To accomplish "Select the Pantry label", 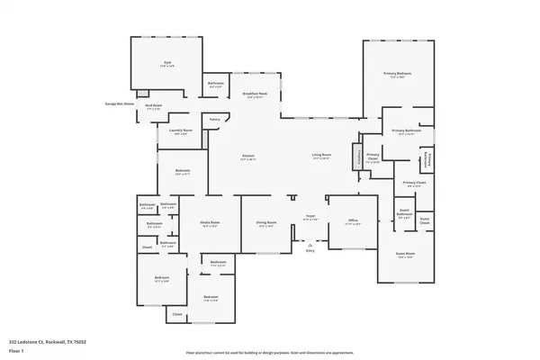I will [215, 119].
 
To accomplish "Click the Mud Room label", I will [156, 105].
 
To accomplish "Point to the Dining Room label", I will [265, 223].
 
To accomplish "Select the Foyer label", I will [310, 217].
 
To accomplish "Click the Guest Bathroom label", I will [405, 216].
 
